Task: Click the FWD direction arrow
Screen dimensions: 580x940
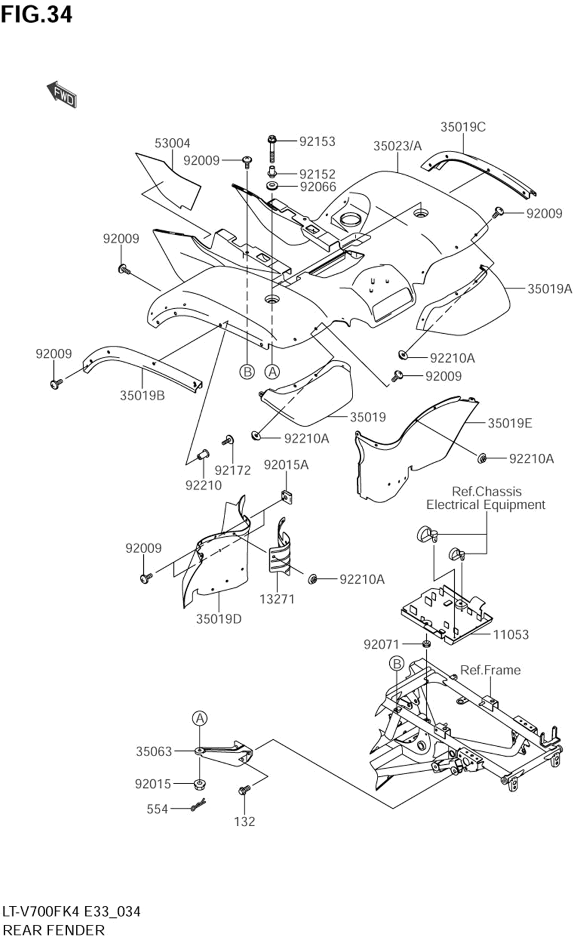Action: [61, 95]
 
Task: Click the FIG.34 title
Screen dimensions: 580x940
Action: [37, 15]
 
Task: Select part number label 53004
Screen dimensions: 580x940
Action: [172, 143]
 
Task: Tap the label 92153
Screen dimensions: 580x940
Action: [317, 142]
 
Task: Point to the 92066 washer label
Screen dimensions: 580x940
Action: [318, 187]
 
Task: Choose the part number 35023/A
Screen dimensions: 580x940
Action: [397, 146]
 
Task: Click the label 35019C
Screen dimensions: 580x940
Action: [463, 126]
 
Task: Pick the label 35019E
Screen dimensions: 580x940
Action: [510, 423]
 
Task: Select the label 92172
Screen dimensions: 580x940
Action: [233, 471]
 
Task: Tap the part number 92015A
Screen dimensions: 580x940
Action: [287, 465]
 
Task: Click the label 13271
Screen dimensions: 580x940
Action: [277, 599]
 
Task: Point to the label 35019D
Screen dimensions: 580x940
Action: [219, 619]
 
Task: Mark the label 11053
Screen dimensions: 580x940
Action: [511, 635]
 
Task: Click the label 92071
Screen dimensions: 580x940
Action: [382, 644]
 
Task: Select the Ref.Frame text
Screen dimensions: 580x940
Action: [491, 670]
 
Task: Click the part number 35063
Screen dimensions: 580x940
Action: [154, 751]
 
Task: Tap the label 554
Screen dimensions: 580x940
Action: [157, 809]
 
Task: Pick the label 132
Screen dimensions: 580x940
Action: [245, 821]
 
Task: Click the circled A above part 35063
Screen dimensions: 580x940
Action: [200, 718]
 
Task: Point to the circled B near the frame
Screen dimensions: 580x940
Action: [396, 663]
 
